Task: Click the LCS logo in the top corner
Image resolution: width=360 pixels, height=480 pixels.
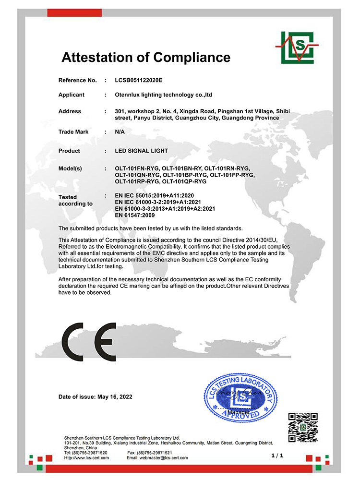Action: (x=297, y=48)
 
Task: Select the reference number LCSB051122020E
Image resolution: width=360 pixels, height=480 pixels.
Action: (x=142, y=80)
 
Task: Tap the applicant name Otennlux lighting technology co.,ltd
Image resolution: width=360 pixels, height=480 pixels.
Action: (x=164, y=95)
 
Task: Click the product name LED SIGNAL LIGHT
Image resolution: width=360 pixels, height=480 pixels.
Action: (x=142, y=151)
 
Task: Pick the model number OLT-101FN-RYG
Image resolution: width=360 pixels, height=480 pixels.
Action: (x=137, y=169)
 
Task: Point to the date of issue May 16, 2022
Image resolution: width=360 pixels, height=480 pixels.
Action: (x=115, y=397)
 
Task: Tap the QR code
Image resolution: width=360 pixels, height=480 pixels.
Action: (x=303, y=427)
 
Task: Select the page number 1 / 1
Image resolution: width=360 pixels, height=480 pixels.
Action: (x=277, y=454)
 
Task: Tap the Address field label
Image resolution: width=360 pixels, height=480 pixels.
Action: (x=70, y=111)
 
